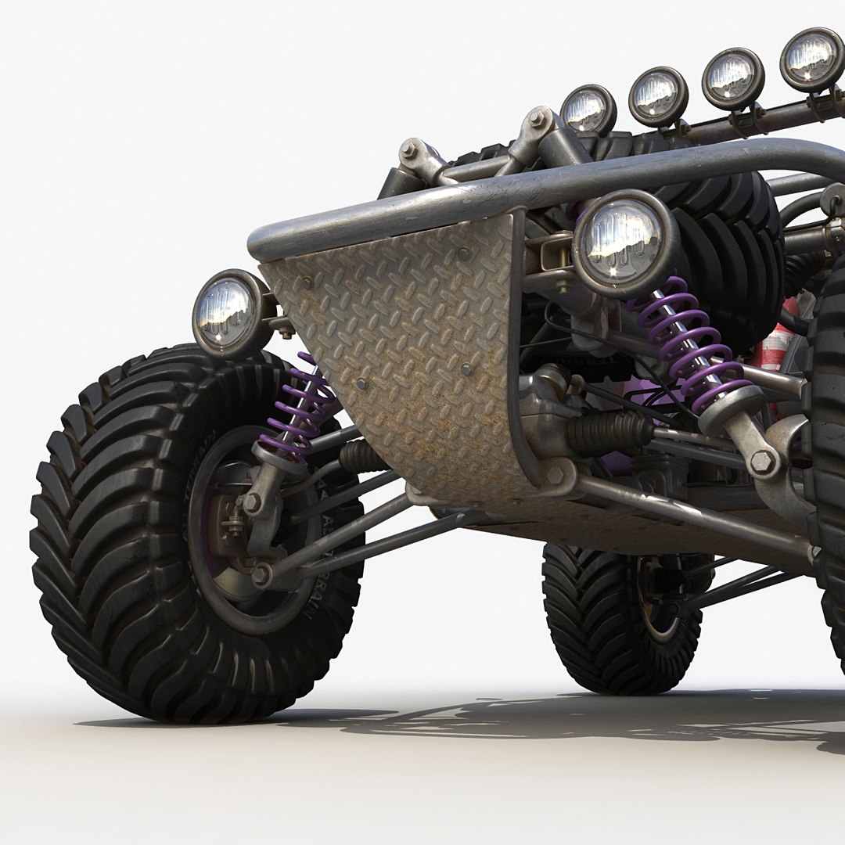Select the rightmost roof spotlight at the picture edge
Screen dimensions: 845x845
[812, 59]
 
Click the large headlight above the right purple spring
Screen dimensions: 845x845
[624, 240]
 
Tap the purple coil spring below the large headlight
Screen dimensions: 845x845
[689, 344]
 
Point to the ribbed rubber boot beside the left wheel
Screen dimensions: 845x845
[361, 455]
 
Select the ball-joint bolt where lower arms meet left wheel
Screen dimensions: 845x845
[261, 576]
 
